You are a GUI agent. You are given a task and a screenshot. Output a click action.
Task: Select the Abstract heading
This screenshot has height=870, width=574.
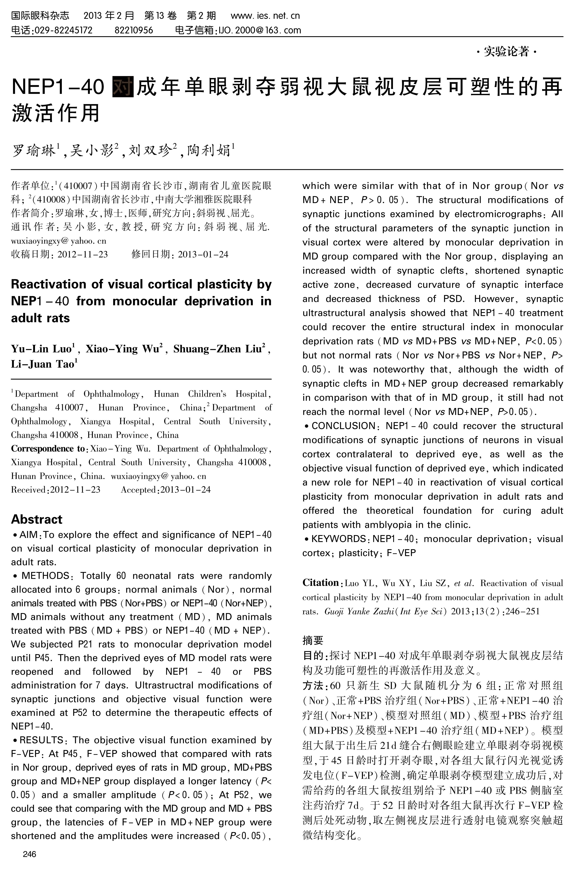37,519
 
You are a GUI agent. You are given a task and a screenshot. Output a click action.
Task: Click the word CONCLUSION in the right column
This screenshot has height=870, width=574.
343,426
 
